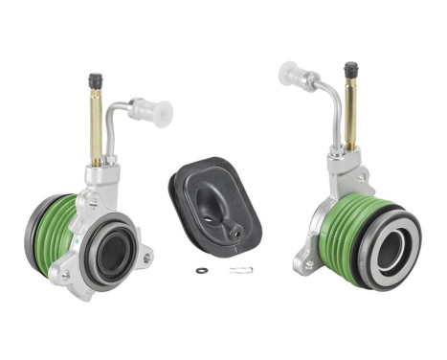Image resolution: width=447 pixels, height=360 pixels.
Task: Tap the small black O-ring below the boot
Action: pos(201,271)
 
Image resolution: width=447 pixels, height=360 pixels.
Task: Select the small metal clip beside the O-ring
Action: pos(239,270)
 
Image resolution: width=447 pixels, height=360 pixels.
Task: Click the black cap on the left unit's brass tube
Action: pos(95,82)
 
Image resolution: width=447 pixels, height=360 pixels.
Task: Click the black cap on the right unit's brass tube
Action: pos(350,71)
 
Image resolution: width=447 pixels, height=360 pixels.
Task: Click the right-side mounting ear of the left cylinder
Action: pos(145,257)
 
